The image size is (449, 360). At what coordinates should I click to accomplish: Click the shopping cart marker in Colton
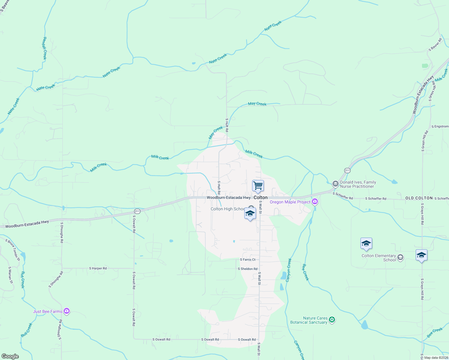pos(258,186)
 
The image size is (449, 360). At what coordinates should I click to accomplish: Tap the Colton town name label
pos(261,197)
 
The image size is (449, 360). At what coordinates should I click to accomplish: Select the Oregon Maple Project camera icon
pos(315,202)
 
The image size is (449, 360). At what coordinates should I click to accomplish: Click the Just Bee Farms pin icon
pos(67,311)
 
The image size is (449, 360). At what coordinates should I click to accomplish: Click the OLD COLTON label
pos(419,198)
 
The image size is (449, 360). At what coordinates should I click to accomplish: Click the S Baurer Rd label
pos(435,44)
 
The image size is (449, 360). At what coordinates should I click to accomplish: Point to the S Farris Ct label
pos(248,259)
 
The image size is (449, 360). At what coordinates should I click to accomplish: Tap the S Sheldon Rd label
pos(248,269)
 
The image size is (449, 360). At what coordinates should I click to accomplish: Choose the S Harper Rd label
pos(98,268)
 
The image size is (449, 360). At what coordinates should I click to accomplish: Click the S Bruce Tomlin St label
pos(13,250)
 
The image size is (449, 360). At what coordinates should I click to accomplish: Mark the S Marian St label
pos(11,275)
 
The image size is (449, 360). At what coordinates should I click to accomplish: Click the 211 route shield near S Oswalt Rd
pos(137,211)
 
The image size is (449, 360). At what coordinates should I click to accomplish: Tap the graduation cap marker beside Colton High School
pos(250,214)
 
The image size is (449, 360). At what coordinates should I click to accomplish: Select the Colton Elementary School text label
pos(378,258)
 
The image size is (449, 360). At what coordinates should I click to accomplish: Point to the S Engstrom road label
pos(440,126)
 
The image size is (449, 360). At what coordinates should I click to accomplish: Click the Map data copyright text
pos(436,357)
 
